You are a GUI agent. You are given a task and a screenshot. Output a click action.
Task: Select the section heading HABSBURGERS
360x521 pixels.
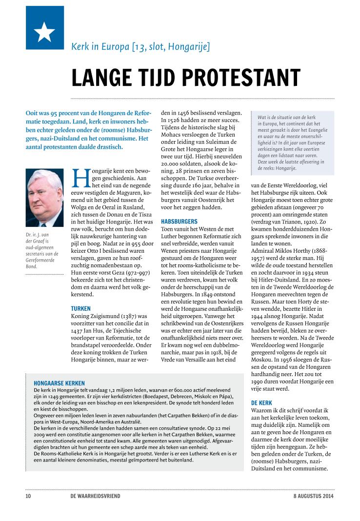click(179, 220)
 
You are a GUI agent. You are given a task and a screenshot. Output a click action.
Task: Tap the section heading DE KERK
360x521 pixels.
click(261, 403)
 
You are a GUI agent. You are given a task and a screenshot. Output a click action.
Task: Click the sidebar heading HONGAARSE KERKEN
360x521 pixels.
click(59, 383)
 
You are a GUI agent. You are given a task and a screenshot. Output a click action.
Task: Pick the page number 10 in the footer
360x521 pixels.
click(28, 496)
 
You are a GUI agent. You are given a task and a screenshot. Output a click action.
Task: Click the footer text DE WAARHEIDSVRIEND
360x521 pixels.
click(95, 496)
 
